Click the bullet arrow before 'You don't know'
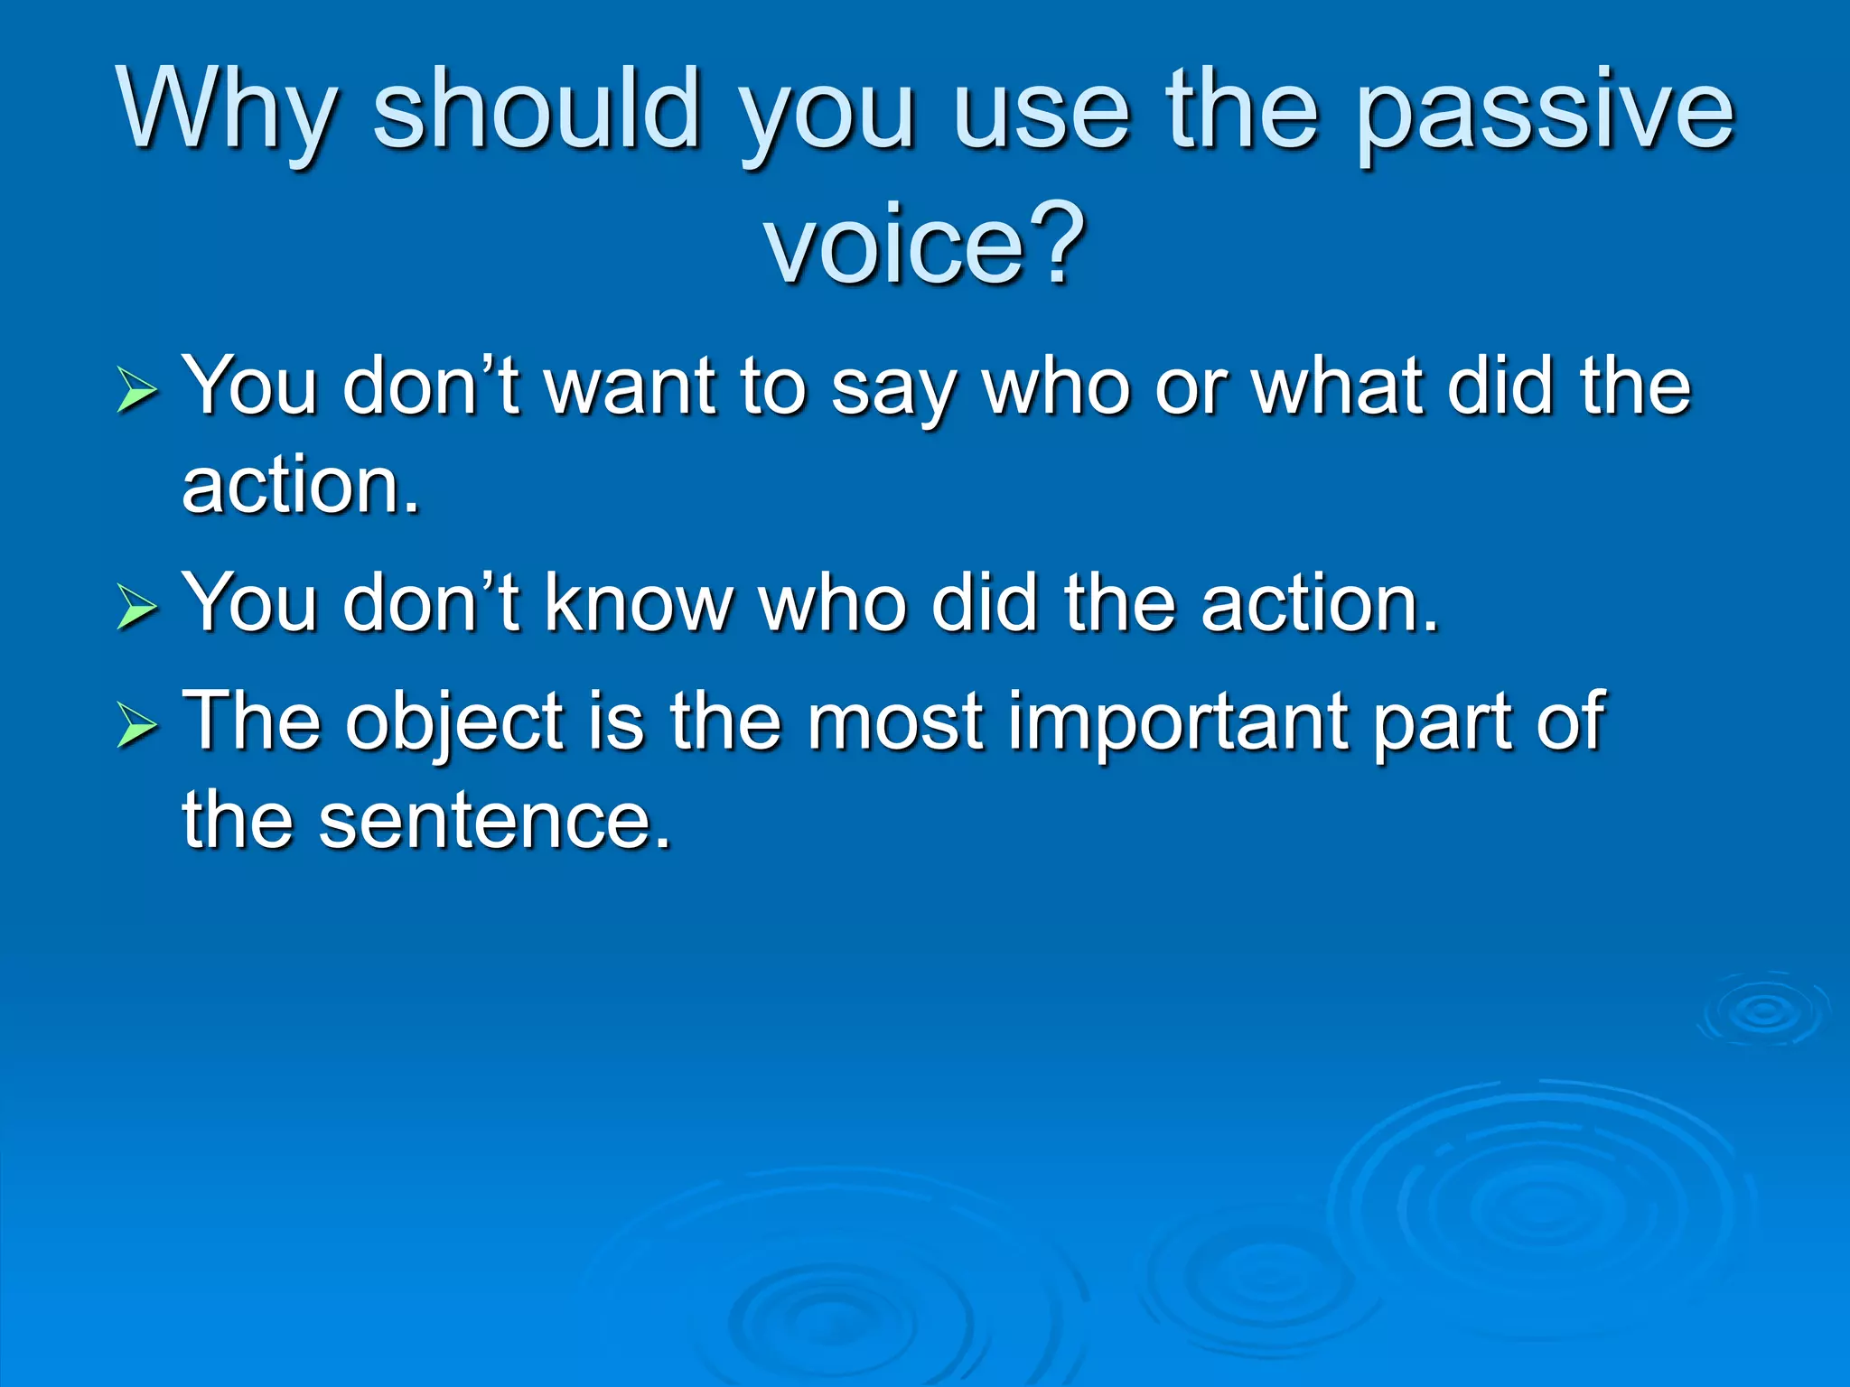pos(137,607)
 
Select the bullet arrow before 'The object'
pos(137,727)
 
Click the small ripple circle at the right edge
pos(1764,1011)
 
